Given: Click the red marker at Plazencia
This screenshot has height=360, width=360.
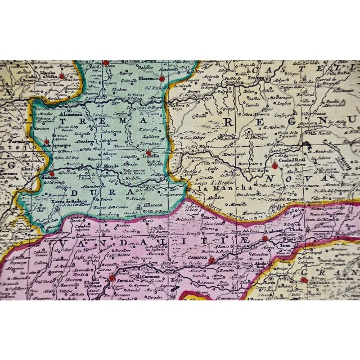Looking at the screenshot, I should click(162, 79).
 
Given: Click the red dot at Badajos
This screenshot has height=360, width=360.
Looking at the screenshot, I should click(52, 174).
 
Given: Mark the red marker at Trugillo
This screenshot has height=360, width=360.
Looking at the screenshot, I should click(148, 152).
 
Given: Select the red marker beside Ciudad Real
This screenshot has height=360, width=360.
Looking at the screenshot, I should click(274, 165).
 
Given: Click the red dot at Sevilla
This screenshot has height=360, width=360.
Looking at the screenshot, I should click(112, 277).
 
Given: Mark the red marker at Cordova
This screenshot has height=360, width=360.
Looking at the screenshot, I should click(211, 260).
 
